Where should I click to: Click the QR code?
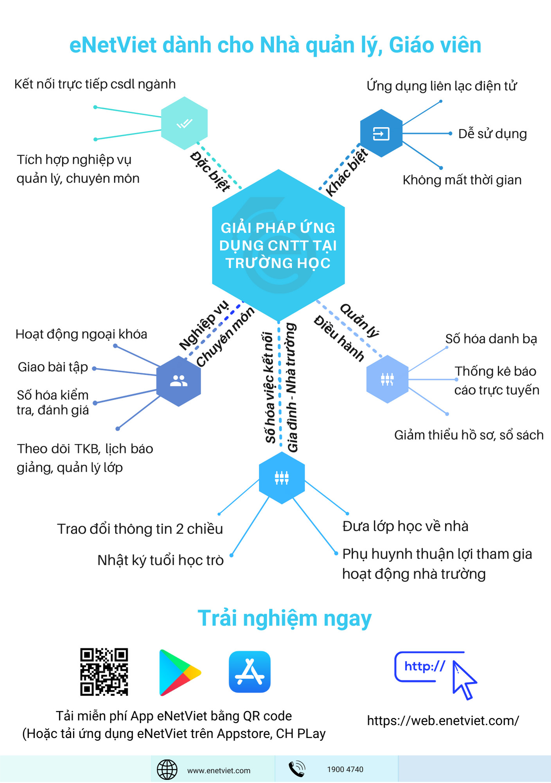104,671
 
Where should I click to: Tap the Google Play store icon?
179,673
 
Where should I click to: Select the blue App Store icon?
249,672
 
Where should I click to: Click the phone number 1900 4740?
345,769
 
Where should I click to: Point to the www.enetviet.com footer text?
219,770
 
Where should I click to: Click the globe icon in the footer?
167,769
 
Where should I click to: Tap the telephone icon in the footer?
296,769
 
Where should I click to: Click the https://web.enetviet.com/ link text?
443,720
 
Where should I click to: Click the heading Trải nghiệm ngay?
284,619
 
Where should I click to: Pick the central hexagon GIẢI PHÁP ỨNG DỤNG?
278,245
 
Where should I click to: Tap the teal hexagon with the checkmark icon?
184,123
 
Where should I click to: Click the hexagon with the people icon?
179,381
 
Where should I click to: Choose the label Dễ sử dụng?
492,134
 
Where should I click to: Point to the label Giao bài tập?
53,367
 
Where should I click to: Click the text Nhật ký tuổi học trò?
160,560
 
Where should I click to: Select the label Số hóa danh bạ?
491,339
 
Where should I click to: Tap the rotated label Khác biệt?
346,172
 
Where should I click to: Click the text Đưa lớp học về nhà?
405,526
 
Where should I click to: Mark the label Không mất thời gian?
462,180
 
